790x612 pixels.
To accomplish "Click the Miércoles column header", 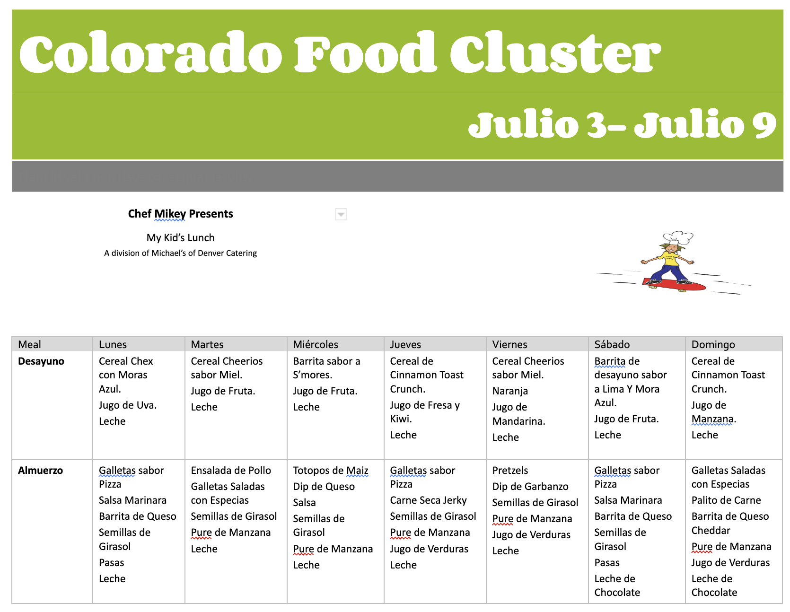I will (316, 344).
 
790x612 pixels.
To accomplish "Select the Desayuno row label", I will (41, 361).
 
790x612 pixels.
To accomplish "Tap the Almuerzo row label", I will (40, 471).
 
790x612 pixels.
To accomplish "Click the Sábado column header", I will (612, 344).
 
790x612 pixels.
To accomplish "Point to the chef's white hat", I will (678, 237).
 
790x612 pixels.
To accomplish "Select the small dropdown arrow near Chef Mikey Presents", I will (341, 214).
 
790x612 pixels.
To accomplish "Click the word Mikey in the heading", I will (170, 214).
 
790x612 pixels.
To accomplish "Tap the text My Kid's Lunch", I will (180, 238).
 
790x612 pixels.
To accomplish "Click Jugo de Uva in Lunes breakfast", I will (128, 405).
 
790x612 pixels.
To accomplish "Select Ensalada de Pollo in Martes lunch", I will (231, 471).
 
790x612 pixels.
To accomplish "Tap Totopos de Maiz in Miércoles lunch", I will (331, 471).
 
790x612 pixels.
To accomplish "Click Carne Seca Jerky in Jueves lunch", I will (428, 500).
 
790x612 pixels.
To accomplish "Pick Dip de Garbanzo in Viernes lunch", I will (530, 487).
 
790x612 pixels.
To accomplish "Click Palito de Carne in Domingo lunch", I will (726, 500).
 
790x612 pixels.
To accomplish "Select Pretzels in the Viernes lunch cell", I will (510, 471).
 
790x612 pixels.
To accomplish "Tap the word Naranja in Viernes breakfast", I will (510, 391).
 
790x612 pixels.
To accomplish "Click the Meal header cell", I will (29, 344).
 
